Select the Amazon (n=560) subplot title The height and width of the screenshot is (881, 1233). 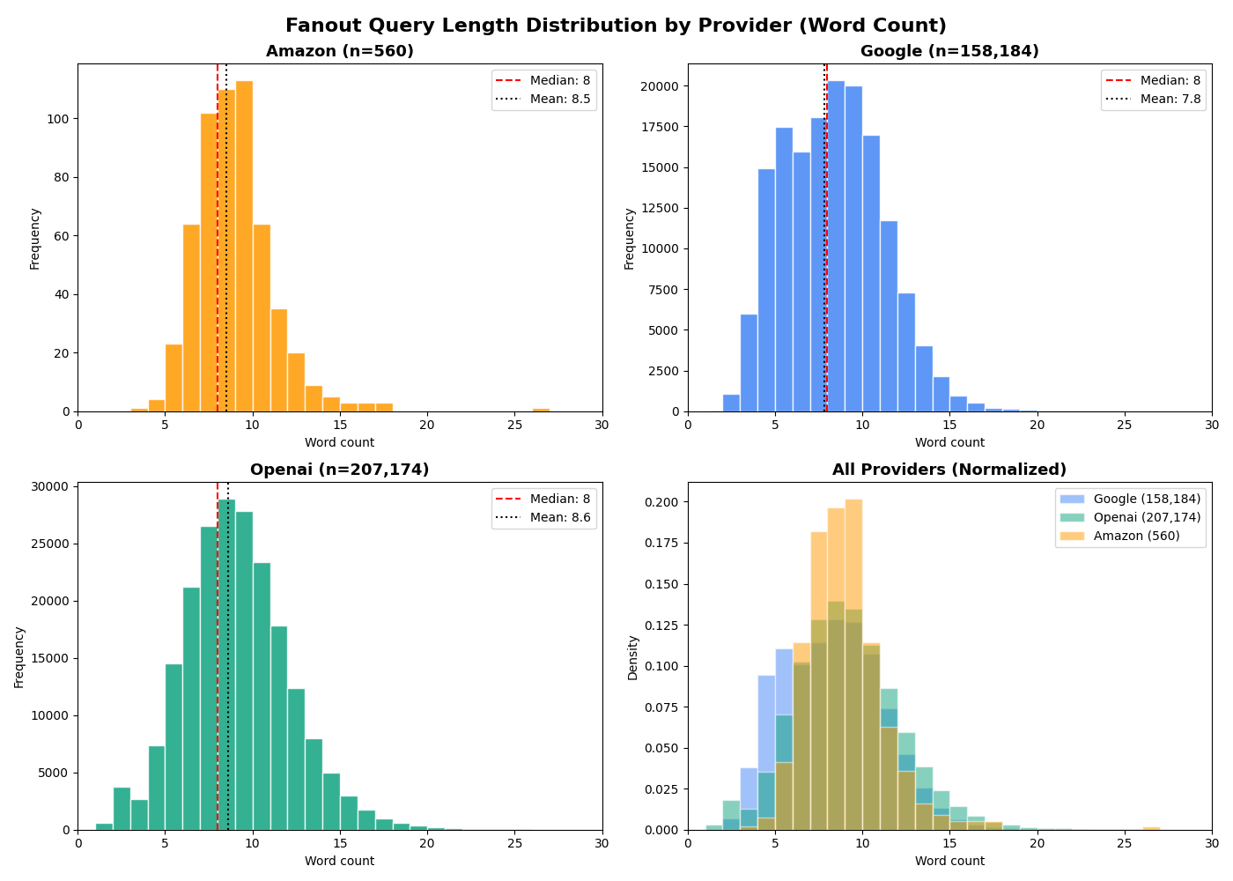click(339, 51)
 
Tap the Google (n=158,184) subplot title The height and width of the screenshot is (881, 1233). click(949, 51)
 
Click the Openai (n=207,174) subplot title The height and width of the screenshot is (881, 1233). click(339, 470)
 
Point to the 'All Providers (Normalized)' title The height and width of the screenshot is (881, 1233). click(949, 470)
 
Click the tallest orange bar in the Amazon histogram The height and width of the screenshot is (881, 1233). click(244, 247)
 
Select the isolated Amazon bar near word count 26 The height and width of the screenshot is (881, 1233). click(541, 410)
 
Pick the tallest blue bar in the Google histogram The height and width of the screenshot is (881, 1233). click(836, 247)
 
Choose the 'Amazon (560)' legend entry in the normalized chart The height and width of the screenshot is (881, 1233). click(1136, 536)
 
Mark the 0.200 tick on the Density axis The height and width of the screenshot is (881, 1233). click(661, 502)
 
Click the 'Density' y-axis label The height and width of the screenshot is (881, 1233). click(632, 657)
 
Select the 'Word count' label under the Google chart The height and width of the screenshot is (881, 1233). click(949, 442)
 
